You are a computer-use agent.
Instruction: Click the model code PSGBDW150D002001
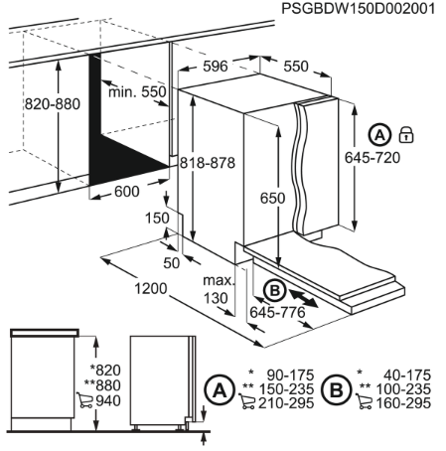[359, 9]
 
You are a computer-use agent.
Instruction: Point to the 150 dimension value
[154, 218]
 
